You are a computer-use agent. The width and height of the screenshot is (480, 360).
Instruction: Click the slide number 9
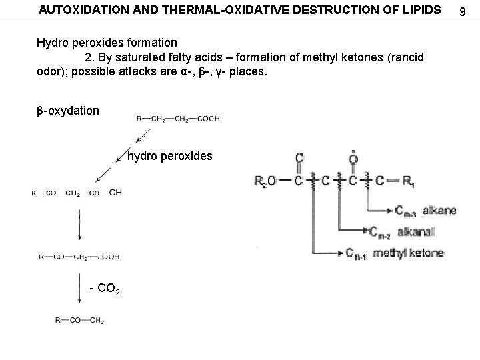point(467,10)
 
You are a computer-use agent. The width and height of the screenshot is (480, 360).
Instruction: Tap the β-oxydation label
point(67,109)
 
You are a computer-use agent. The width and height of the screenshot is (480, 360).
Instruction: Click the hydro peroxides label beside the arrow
point(169,156)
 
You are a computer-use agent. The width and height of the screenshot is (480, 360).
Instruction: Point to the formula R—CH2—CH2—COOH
point(178,119)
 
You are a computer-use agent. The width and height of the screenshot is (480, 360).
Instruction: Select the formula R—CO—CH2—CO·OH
point(77,193)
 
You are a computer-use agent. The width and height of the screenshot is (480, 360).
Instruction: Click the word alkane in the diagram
point(438,210)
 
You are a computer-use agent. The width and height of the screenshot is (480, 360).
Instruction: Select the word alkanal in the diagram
point(417,231)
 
